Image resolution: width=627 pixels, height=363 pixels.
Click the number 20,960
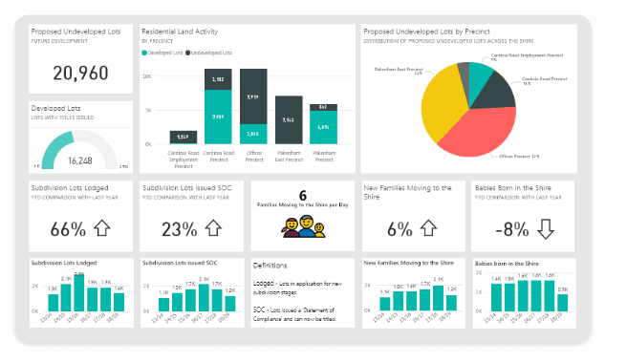tap(80, 73)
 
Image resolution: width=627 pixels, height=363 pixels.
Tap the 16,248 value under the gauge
tap(80, 161)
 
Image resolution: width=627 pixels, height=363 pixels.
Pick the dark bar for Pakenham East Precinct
tap(289, 120)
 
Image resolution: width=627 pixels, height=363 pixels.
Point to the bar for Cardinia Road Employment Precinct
tap(184, 138)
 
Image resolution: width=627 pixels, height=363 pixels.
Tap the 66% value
tap(69, 230)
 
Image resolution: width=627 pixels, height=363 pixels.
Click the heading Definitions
tap(271, 265)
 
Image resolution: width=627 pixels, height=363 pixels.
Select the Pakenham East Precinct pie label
tap(400, 71)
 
